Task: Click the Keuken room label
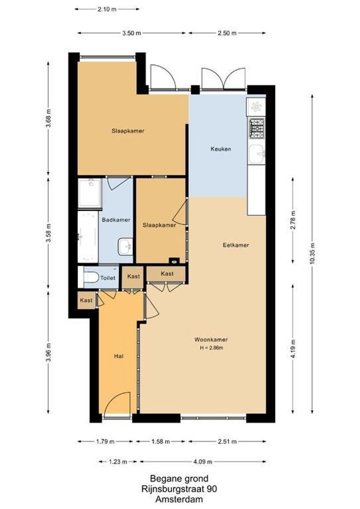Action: click(x=221, y=149)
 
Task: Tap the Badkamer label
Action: click(x=116, y=220)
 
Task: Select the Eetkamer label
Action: click(x=236, y=245)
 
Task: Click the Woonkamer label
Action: click(x=211, y=339)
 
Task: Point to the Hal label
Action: click(x=119, y=356)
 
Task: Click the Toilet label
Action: click(x=107, y=278)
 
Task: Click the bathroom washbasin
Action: click(x=125, y=246)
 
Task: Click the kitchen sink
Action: click(x=257, y=153)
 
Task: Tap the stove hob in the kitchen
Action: click(x=257, y=127)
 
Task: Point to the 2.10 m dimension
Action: click(x=107, y=8)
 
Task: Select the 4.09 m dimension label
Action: click(x=202, y=462)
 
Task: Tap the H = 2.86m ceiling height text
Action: click(x=211, y=348)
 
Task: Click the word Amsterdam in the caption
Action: click(x=179, y=499)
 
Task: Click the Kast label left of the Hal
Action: click(x=86, y=300)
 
